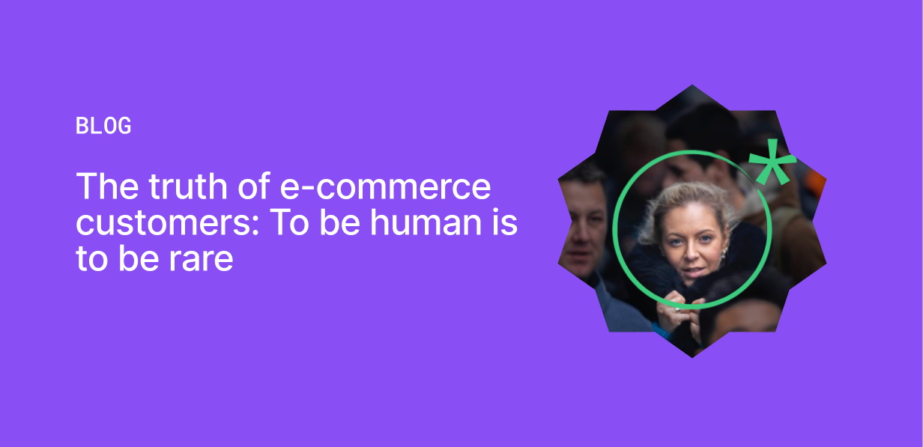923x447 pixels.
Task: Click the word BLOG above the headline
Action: click(103, 126)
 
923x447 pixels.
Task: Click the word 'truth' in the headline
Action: click(188, 186)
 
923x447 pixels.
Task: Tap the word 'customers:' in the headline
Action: click(167, 223)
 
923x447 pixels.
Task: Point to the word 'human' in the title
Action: click(426, 222)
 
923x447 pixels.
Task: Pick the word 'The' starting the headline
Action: click(107, 186)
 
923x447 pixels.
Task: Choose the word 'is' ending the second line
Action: click(505, 222)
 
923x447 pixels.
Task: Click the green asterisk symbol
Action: click(772, 162)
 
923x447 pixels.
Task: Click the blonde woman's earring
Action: click(722, 252)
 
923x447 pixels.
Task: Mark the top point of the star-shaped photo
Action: click(692, 85)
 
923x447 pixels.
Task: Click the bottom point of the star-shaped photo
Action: click(692, 357)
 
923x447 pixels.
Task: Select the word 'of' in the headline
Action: click(254, 186)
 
